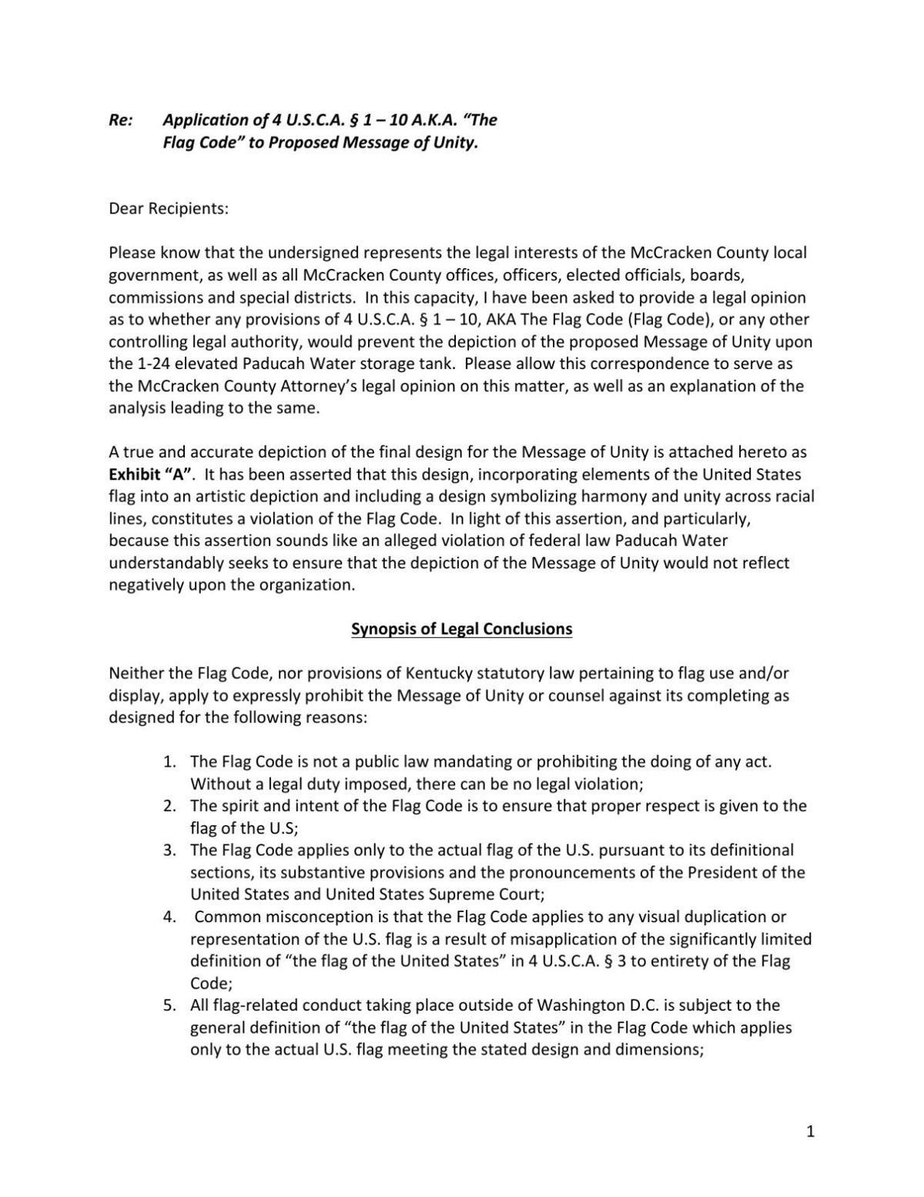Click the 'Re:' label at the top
click(121, 120)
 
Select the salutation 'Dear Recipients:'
click(169, 209)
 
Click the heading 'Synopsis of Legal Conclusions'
click(461, 629)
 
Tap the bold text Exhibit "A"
click(150, 474)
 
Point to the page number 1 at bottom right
click(810, 1132)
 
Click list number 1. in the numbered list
click(170, 762)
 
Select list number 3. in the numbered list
click(170, 850)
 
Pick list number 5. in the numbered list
click(170, 1005)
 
